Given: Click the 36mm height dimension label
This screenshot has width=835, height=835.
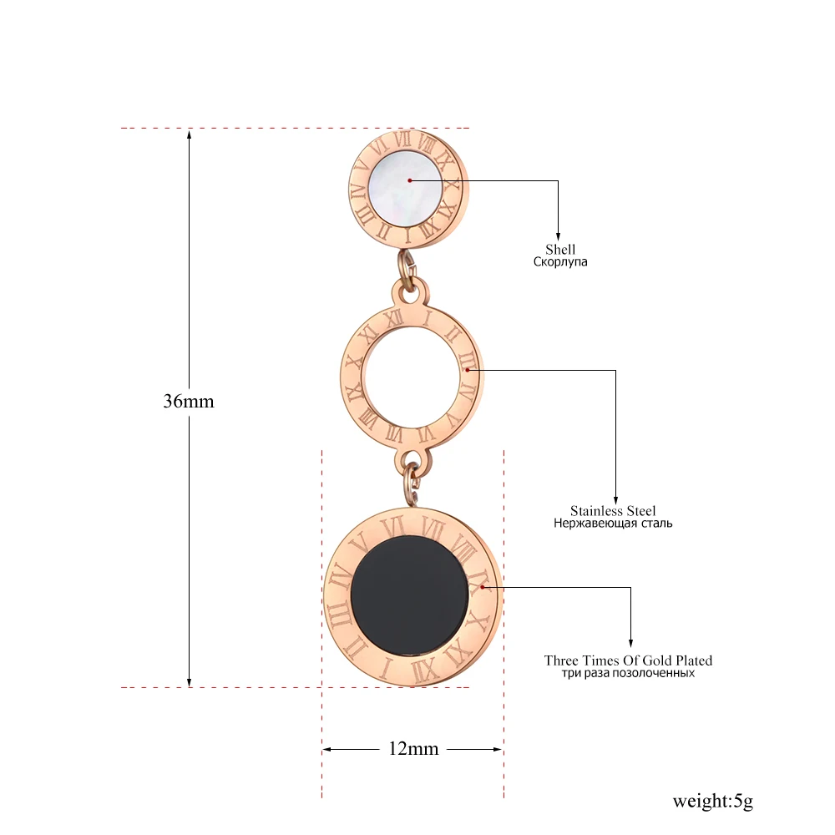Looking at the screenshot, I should (x=189, y=401).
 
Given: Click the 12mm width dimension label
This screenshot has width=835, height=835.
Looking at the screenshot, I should (x=413, y=748).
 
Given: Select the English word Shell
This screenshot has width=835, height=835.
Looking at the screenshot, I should (x=560, y=249).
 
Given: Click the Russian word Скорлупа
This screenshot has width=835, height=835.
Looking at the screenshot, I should (x=560, y=261).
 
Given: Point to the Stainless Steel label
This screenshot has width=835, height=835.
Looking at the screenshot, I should (x=613, y=510).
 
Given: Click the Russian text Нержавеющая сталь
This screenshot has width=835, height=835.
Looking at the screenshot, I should (x=613, y=524).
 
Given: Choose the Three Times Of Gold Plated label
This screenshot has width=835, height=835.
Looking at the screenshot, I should (x=628, y=660).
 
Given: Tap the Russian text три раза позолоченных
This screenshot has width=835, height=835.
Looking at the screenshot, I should (x=628, y=673).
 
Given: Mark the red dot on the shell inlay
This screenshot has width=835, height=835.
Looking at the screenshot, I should (x=410, y=180).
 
